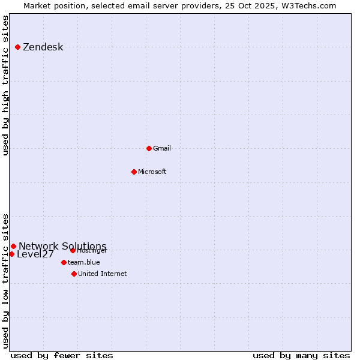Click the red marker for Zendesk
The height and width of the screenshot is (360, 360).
point(18,47)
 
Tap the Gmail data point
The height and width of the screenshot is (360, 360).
point(149,148)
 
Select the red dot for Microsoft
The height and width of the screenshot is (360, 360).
point(134,172)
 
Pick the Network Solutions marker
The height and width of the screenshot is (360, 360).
point(14,246)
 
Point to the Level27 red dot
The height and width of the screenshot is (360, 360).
point(12,254)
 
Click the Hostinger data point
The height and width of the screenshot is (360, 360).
point(73,250)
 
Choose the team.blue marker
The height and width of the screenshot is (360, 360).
point(64,262)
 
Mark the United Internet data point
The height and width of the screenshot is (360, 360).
point(74,274)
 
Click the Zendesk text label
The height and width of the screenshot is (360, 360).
point(43,47)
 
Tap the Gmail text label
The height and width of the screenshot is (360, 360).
point(162,149)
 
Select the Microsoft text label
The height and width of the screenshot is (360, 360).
point(152,172)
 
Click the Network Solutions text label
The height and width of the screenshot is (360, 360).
point(62,247)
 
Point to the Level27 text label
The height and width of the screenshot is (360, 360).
point(35,254)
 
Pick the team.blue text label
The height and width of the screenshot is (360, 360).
point(84,263)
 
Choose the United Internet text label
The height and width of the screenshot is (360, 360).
point(103,274)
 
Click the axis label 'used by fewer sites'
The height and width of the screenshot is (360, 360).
point(62,355)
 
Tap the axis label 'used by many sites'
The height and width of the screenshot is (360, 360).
point(301,355)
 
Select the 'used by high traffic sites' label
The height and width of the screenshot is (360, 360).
point(6,85)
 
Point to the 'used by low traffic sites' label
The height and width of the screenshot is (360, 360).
point(6,280)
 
